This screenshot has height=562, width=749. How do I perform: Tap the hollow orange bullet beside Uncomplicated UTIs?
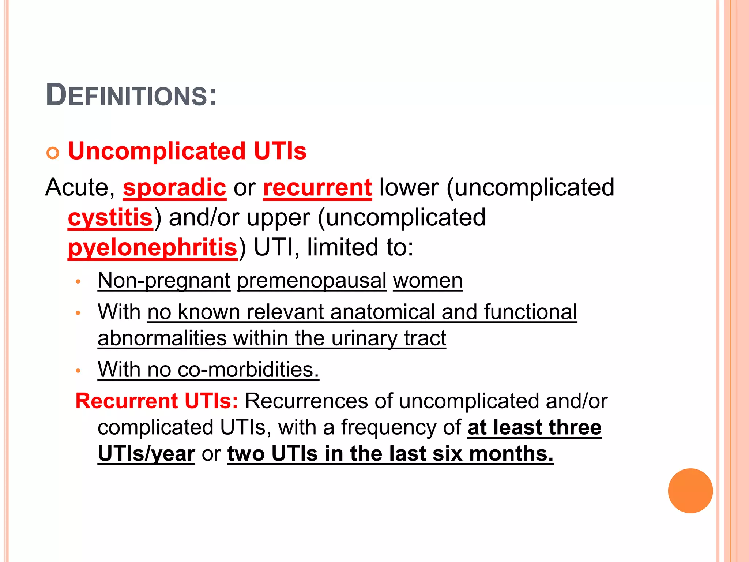(53, 153)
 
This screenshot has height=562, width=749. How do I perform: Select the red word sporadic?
(174, 188)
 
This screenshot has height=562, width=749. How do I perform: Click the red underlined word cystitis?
(110, 218)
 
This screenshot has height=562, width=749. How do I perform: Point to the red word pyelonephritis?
(153, 248)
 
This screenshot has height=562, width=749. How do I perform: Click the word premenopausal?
(312, 281)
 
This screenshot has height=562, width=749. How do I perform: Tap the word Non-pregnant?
(164, 281)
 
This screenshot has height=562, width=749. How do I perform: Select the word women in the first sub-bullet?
(428, 281)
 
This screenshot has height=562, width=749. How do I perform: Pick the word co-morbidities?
(248, 370)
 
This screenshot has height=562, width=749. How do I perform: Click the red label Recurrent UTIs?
(157, 401)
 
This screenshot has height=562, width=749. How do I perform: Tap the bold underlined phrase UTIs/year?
(146, 454)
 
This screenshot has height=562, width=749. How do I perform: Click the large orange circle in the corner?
(690, 491)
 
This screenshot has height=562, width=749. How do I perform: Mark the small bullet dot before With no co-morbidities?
(78, 371)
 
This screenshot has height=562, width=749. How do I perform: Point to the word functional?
(530, 312)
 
